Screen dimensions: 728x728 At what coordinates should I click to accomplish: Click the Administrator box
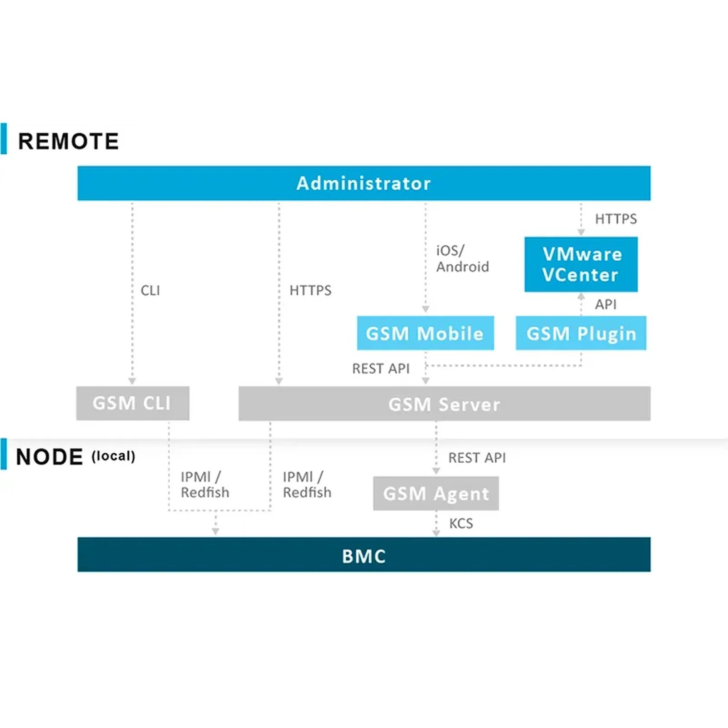(x=364, y=183)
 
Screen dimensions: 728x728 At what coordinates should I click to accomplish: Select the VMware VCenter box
(x=581, y=264)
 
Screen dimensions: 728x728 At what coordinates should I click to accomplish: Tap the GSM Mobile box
(x=425, y=333)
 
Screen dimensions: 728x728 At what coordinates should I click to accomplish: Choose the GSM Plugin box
(x=581, y=333)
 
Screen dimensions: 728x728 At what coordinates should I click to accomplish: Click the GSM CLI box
(x=132, y=403)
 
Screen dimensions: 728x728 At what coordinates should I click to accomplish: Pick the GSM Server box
(x=444, y=404)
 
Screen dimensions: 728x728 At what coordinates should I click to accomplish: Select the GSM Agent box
(x=436, y=493)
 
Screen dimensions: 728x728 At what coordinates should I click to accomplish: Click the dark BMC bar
(x=364, y=555)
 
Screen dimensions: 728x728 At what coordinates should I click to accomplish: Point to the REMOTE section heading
(x=68, y=141)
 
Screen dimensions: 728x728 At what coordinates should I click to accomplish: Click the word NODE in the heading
(x=49, y=457)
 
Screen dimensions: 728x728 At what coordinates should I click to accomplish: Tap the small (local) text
(x=113, y=456)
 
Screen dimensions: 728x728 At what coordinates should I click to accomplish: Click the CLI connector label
(x=150, y=290)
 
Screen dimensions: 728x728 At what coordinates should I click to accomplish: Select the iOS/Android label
(x=462, y=258)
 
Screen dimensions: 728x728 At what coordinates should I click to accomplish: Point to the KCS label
(x=461, y=523)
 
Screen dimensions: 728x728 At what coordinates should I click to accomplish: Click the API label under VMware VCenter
(x=606, y=304)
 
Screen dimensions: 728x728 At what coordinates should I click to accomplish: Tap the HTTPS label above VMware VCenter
(x=616, y=219)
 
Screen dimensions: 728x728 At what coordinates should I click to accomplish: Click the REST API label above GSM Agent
(x=477, y=458)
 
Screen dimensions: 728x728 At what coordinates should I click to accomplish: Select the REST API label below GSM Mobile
(x=381, y=369)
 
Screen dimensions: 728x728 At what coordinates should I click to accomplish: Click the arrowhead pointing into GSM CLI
(x=132, y=381)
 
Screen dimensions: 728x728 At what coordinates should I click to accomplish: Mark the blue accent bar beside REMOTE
(x=4, y=138)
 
